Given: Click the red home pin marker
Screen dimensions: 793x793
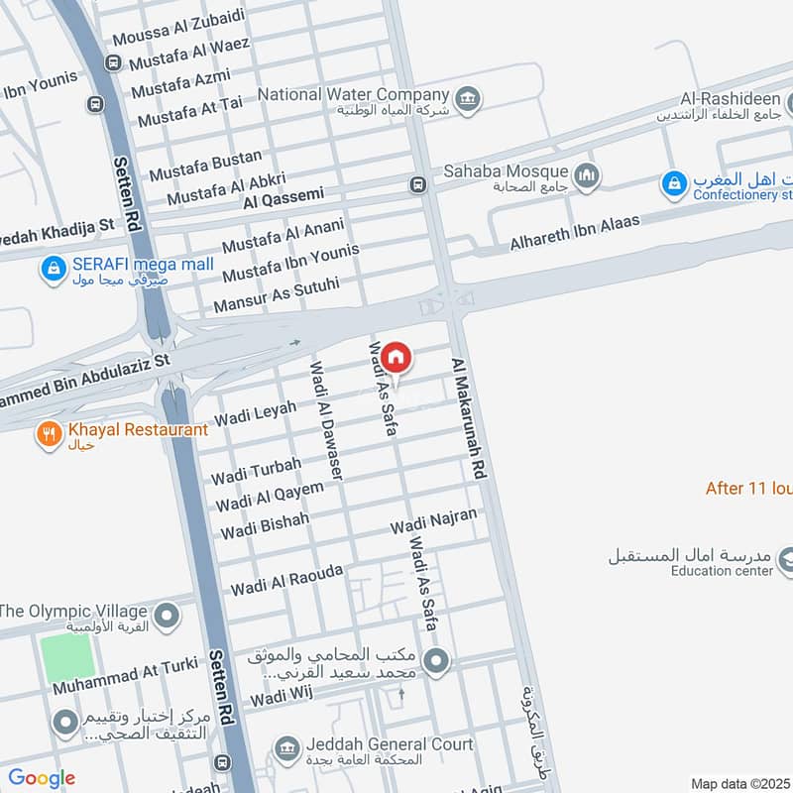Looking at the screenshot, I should (x=396, y=357).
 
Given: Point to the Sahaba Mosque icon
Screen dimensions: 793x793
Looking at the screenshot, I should (x=589, y=174).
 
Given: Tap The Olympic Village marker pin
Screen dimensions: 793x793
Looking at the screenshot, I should (x=168, y=616).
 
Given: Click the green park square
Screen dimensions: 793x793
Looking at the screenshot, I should (x=67, y=657).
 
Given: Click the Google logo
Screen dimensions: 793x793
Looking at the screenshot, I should (x=42, y=778).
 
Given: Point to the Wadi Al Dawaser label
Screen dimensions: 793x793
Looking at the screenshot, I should (x=324, y=420).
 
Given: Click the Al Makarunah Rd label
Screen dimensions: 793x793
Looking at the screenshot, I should (x=471, y=420).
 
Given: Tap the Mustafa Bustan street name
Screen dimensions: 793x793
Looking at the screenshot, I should (x=205, y=166).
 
